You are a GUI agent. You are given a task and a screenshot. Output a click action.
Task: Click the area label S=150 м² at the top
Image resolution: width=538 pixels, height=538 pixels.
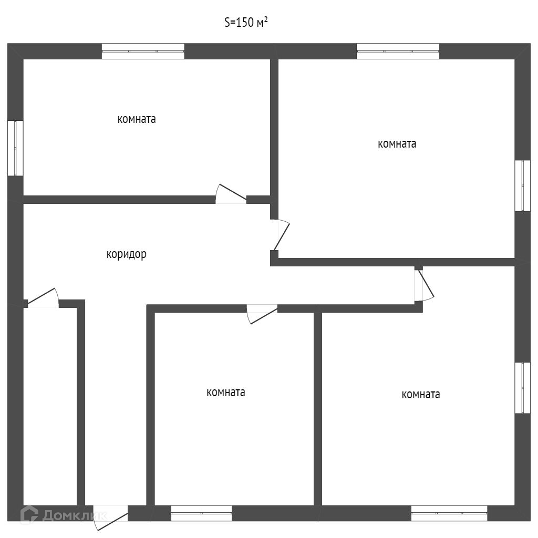coord(246,22)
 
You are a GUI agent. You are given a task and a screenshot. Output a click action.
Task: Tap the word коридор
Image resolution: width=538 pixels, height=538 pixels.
coord(126,254)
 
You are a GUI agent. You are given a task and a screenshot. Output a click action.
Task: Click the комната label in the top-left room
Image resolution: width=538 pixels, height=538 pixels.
coord(137,119)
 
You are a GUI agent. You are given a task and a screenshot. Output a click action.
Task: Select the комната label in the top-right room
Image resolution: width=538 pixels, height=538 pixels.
coord(397,144)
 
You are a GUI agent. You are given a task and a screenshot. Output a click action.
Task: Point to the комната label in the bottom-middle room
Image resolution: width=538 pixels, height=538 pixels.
coord(226,392)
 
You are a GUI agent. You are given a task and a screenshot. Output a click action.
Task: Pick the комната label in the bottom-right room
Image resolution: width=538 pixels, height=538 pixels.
coord(421,395)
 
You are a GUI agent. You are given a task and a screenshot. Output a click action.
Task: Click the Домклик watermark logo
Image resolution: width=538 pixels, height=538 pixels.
coord(63,515)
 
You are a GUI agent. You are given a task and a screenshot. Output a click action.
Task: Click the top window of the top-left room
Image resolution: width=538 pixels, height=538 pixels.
coord(143,51)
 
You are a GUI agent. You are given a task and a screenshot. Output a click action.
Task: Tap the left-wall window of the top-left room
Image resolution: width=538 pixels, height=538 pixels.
coord(15,148)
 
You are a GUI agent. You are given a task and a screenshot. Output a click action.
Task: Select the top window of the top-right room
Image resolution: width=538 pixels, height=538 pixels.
coord(398,51)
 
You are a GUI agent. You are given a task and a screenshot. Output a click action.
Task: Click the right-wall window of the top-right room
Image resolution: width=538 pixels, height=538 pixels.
coord(522,185)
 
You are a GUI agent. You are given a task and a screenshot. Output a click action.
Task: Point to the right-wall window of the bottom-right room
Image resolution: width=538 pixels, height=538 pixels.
coord(522,388)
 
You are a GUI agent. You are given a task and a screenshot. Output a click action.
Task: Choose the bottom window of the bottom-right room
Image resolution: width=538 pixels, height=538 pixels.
coord(449,513)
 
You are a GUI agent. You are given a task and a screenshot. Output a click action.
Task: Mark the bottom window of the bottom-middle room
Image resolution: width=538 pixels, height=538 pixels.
coord(202,513)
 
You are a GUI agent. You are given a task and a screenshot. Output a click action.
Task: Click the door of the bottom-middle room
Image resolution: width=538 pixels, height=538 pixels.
coord(262,314)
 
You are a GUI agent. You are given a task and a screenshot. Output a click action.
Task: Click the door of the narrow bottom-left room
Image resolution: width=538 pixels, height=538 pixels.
coord(42,298)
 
